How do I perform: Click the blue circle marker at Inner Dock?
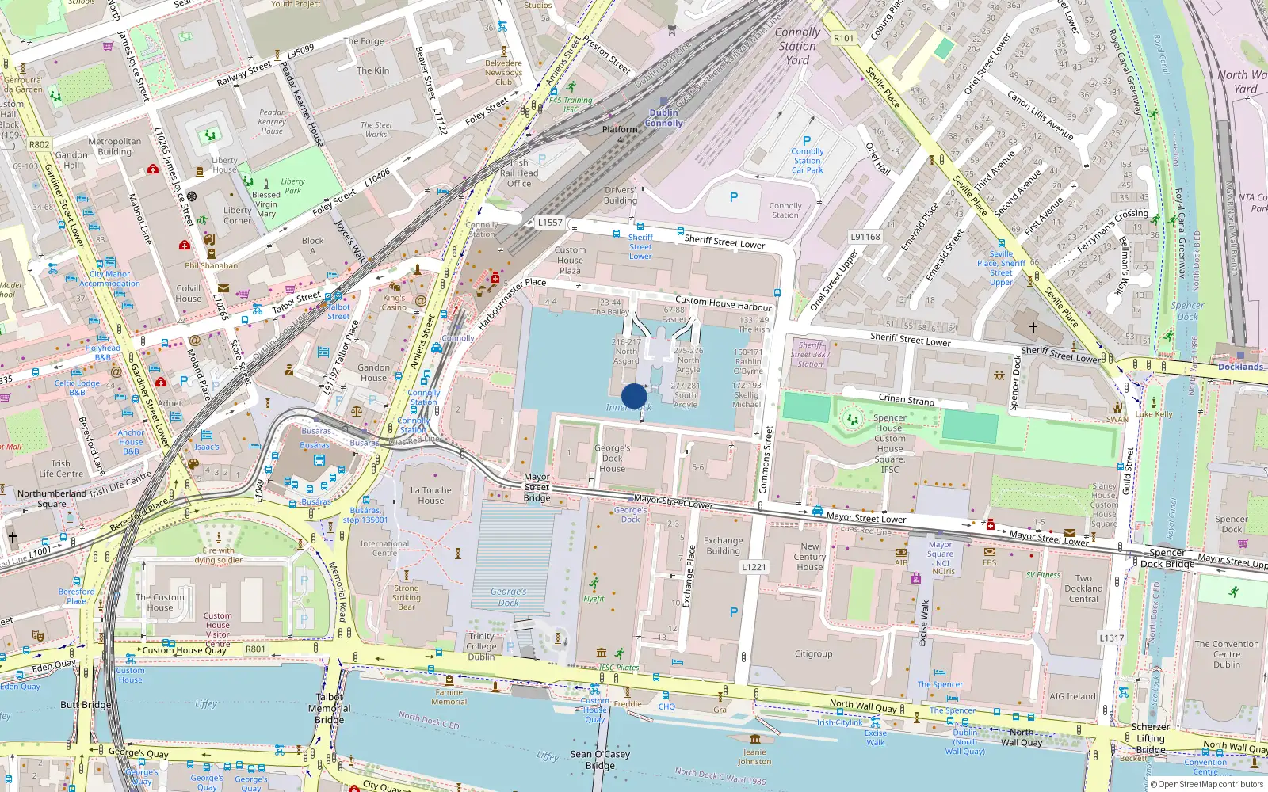634,396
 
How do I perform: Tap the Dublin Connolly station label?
663,118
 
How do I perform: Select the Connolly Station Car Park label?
807,161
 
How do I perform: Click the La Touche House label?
430,495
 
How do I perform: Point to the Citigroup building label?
813,654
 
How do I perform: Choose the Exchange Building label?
723,546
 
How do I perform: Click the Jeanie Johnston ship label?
754,757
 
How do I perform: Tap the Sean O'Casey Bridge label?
600,760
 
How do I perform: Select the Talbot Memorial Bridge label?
329,708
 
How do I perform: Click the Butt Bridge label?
86,705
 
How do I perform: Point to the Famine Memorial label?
449,697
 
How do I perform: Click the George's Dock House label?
612,458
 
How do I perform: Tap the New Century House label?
809,557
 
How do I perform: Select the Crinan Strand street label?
906,400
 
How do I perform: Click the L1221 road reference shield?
754,567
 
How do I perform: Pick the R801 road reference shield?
255,649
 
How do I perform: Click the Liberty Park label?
292,185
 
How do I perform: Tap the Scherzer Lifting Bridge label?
1150,738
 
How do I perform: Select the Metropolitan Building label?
114,147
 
